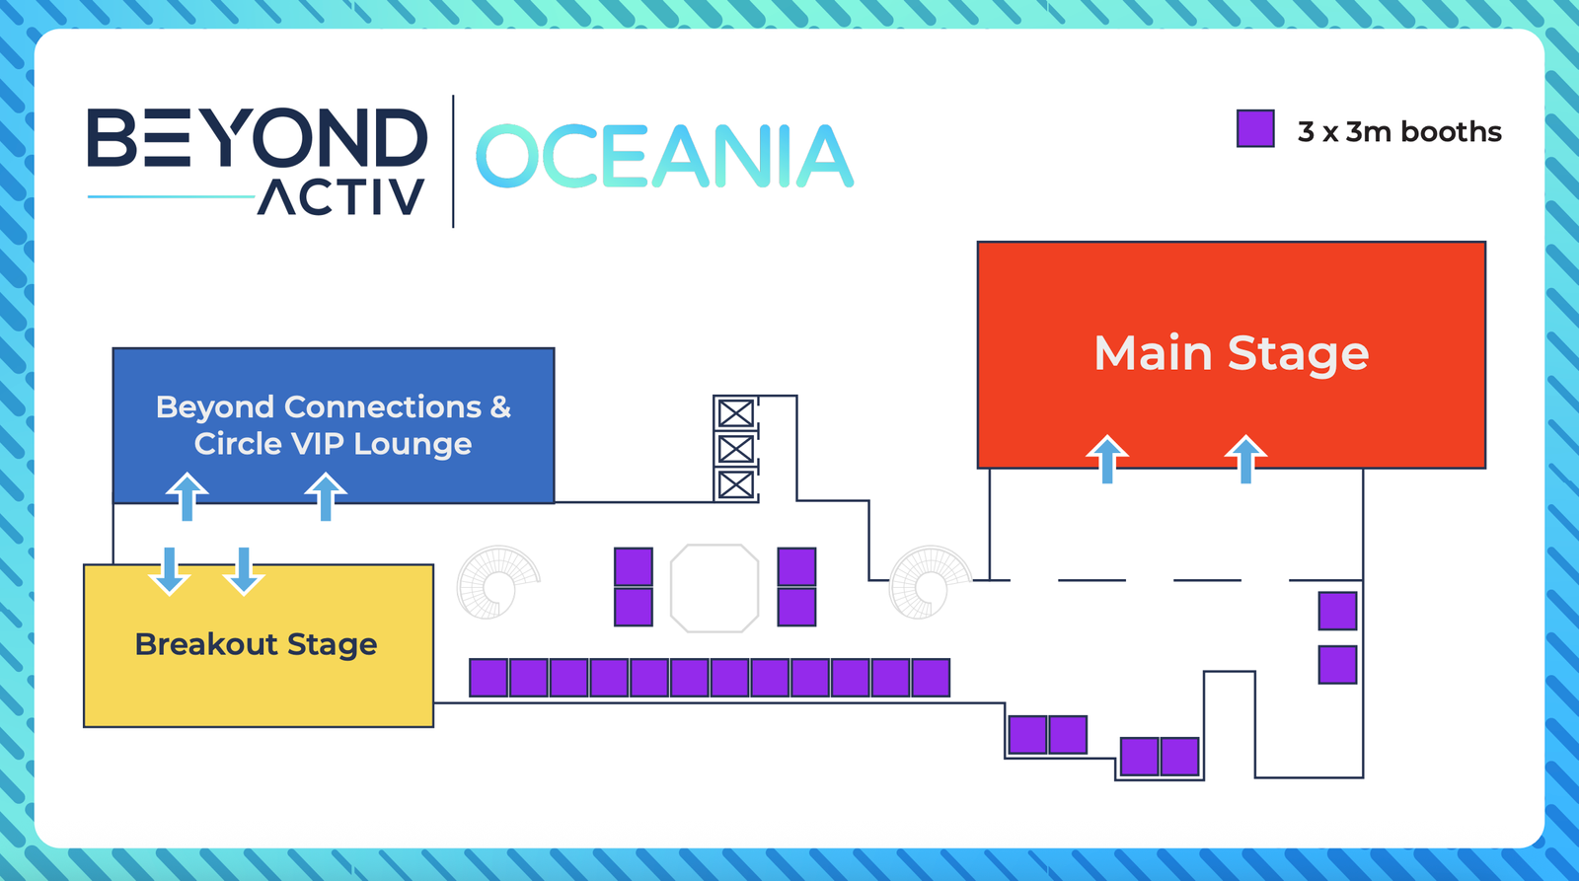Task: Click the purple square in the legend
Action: [1255, 129]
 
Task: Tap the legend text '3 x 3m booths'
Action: [1399, 132]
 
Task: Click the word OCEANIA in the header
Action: [664, 157]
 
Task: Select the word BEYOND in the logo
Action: [257, 138]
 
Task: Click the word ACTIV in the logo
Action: [341, 197]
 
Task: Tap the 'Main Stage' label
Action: [1231, 353]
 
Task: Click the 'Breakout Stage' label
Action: [256, 644]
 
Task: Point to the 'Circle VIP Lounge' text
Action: [333, 444]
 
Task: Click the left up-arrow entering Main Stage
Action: [1107, 459]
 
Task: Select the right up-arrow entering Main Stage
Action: [1245, 459]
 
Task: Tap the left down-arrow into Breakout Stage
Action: [170, 571]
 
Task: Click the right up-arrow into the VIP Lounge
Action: [326, 495]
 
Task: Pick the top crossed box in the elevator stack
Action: [735, 413]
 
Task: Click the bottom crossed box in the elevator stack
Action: [735, 485]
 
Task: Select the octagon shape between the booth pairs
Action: [714, 588]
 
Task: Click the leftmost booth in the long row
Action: [489, 678]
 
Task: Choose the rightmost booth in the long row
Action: [931, 678]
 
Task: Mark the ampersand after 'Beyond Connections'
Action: [500, 406]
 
